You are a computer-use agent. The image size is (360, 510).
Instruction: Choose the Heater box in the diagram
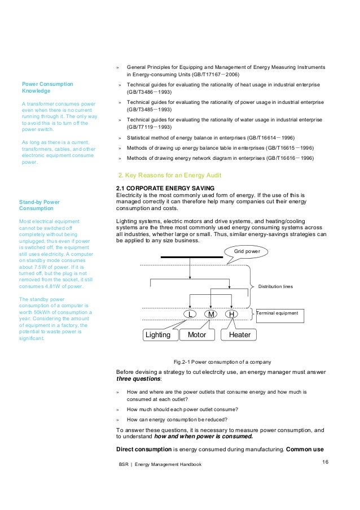click(x=239, y=335)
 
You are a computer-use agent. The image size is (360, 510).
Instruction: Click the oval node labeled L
click(x=191, y=313)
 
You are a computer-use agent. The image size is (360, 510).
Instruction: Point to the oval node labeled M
click(x=211, y=313)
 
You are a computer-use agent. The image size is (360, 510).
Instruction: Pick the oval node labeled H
click(x=231, y=313)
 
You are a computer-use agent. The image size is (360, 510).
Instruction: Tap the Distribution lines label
click(x=275, y=286)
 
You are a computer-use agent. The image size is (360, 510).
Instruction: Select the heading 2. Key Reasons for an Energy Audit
click(x=169, y=175)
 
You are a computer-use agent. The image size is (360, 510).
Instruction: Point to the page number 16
click(x=326, y=461)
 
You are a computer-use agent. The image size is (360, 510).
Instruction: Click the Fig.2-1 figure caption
click(x=222, y=361)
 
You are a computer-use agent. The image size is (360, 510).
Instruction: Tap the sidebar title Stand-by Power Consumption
click(x=39, y=205)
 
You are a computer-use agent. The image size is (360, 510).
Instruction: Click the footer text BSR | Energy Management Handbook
click(x=160, y=464)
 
